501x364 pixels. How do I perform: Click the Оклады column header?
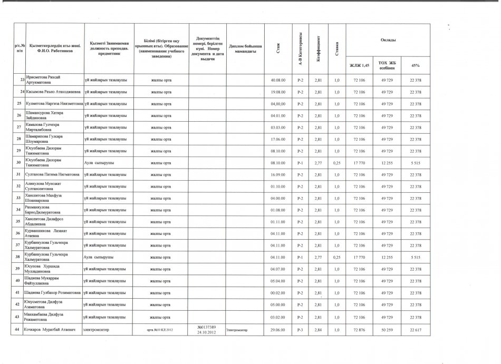pyautogui.click(x=386, y=40)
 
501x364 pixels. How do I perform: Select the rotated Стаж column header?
pyautogui.click(x=278, y=49)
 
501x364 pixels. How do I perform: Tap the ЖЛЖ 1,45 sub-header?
pyautogui.click(x=359, y=65)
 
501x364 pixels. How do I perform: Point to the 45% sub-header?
pyautogui.click(x=415, y=65)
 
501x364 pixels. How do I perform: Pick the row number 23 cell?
pyautogui.click(x=19, y=80)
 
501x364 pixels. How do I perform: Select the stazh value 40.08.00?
pyautogui.click(x=277, y=80)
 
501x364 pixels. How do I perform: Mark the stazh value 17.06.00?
pyautogui.click(x=277, y=139)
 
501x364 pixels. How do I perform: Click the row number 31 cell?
pyautogui.click(x=19, y=173)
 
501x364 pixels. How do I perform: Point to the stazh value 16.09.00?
pyautogui.click(x=277, y=173)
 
